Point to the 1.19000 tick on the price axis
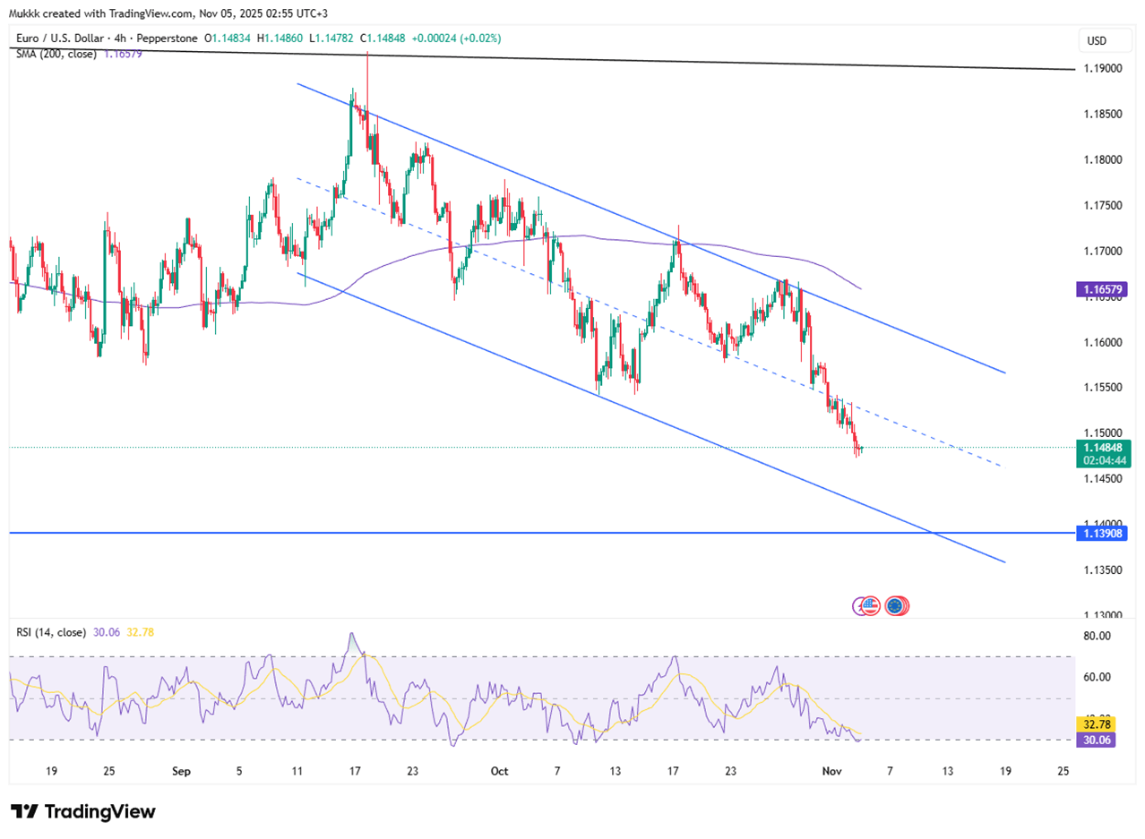pyautogui.click(x=1101, y=68)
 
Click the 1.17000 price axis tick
pyautogui.click(x=1101, y=251)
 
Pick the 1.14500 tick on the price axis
pyautogui.click(x=1101, y=478)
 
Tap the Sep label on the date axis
pyautogui.click(x=181, y=771)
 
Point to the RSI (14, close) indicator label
pyautogui.click(x=51, y=632)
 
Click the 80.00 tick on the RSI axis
pyautogui.click(x=1098, y=636)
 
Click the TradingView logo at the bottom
pyautogui.click(x=83, y=811)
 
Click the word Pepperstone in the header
pyautogui.click(x=170, y=39)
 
